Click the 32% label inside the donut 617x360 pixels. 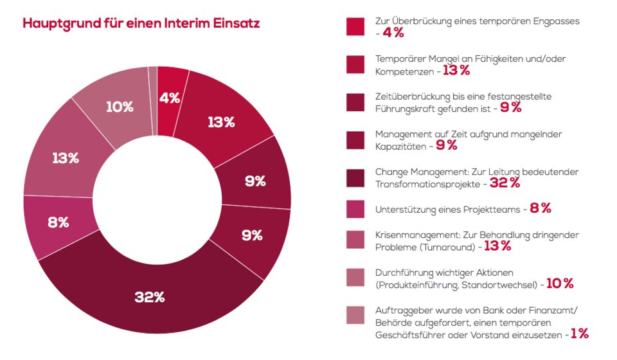point(150,297)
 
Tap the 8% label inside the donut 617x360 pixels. point(58,222)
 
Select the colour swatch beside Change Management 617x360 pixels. point(355,178)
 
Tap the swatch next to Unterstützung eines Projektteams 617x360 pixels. point(355,209)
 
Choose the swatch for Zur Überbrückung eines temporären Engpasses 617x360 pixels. point(355,26)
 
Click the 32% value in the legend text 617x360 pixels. point(505,183)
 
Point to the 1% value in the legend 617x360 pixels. point(580,334)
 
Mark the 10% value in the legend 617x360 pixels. point(559,283)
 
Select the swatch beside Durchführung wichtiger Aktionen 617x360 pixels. point(355,277)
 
